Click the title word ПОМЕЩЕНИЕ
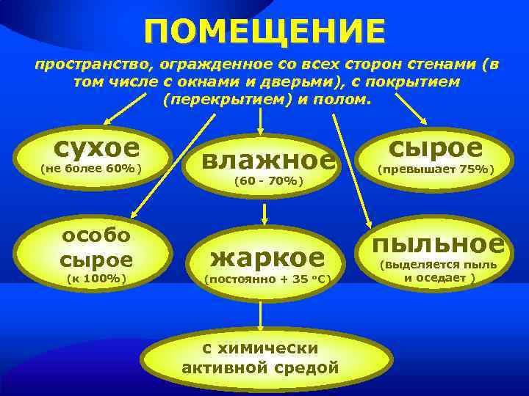click(x=264, y=31)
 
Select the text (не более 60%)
click(x=90, y=169)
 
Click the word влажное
click(x=268, y=159)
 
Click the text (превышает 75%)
click(x=436, y=169)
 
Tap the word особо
click(x=96, y=235)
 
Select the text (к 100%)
click(x=96, y=278)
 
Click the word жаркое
click(x=267, y=257)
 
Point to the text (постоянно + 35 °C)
click(x=267, y=279)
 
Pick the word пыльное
click(x=439, y=243)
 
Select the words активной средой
click(x=260, y=367)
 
